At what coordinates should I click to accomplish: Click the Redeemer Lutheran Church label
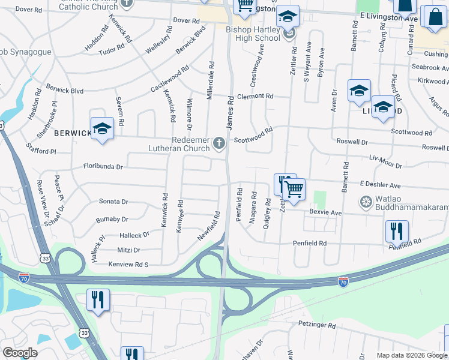pyautogui.click(x=179, y=143)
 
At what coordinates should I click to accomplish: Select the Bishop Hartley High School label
pyautogui.click(x=253, y=34)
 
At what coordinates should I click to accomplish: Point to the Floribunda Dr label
pyautogui.click(x=103, y=166)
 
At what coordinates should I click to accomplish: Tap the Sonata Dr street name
pyautogui.click(x=113, y=202)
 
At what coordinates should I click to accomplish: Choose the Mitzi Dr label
pyautogui.click(x=128, y=250)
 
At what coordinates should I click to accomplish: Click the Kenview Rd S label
pyautogui.click(x=128, y=264)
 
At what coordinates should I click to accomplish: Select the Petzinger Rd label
pyautogui.click(x=316, y=324)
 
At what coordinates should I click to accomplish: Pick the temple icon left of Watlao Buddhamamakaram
pyautogui.click(x=365, y=200)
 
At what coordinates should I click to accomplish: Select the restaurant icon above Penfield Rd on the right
pyautogui.click(x=396, y=231)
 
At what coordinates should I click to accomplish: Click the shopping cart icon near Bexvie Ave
pyautogui.click(x=294, y=189)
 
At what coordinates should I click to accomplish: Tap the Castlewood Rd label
pyautogui.click(x=170, y=79)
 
